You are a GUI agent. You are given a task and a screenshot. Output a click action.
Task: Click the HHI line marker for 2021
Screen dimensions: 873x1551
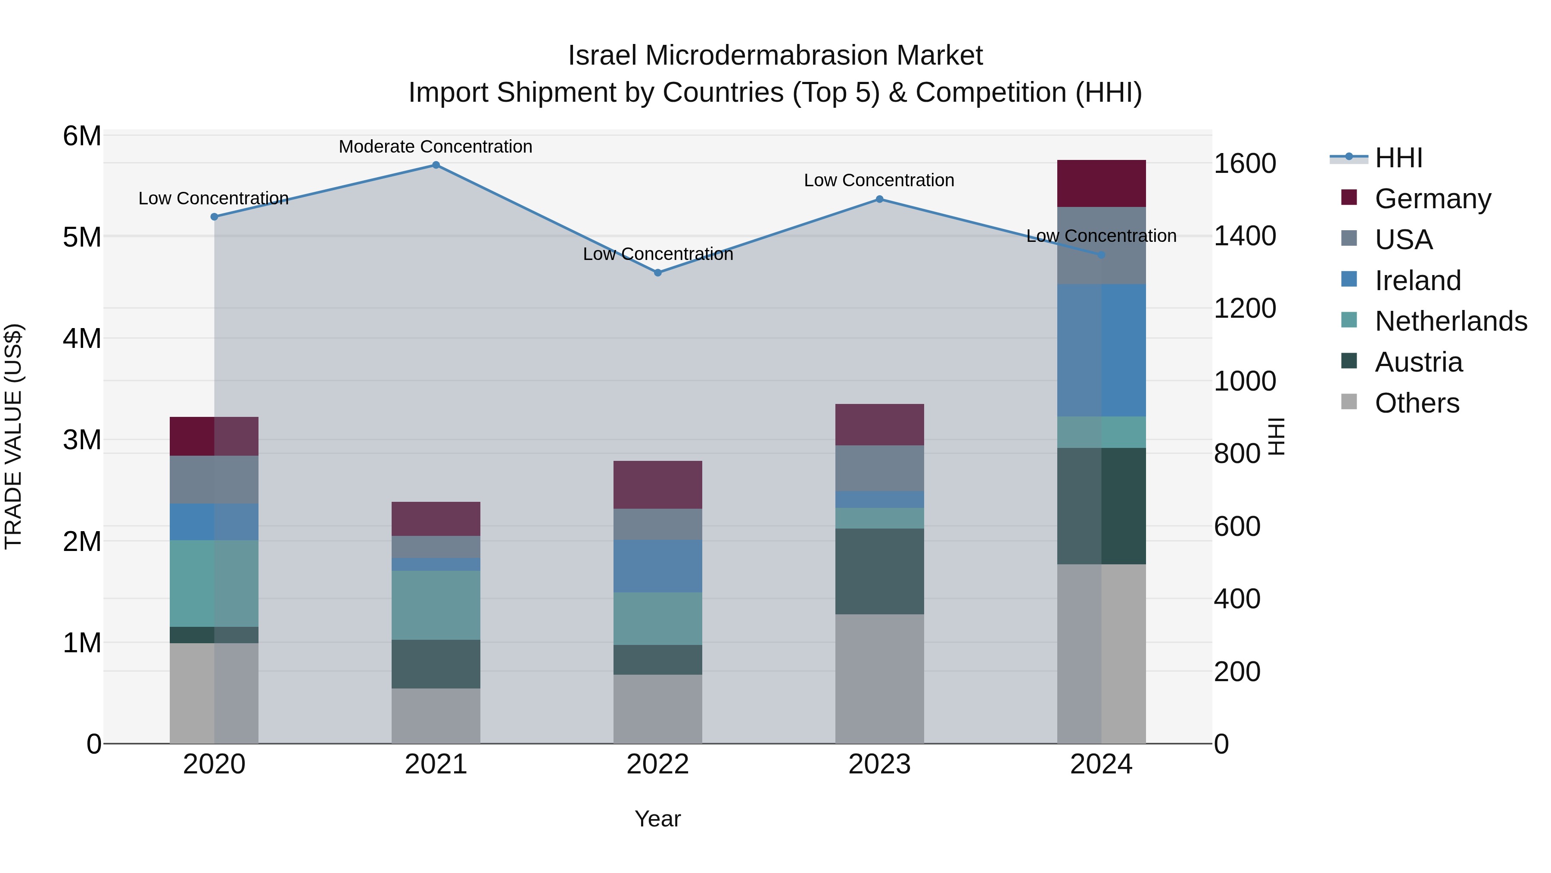pos(436,165)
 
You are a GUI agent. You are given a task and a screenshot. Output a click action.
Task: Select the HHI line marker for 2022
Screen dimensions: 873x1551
pos(657,273)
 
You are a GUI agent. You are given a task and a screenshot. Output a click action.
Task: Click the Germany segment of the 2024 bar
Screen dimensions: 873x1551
pos(1101,184)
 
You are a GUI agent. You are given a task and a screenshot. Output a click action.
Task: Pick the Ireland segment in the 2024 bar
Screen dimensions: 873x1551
pos(1101,350)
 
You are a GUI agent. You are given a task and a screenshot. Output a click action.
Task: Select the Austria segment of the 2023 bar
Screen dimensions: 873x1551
pos(879,571)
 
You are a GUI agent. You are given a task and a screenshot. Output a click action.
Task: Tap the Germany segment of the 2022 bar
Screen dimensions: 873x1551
pos(657,485)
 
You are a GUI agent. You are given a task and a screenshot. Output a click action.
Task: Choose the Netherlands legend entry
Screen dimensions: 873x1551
pos(1451,321)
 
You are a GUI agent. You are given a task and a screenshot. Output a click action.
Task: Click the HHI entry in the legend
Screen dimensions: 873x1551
pos(1398,158)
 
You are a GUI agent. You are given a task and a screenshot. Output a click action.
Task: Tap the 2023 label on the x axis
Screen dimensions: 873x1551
pos(879,764)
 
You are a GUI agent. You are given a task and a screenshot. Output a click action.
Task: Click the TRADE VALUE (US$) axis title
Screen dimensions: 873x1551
pos(13,436)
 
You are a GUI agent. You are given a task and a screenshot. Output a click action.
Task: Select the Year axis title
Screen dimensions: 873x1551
pos(657,819)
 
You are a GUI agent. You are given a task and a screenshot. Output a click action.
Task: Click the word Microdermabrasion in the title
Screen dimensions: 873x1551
pos(766,56)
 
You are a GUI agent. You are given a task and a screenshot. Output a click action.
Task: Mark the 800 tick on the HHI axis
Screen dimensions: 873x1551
pos(1236,454)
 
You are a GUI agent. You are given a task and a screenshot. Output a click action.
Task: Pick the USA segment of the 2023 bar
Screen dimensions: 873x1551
pos(879,468)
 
